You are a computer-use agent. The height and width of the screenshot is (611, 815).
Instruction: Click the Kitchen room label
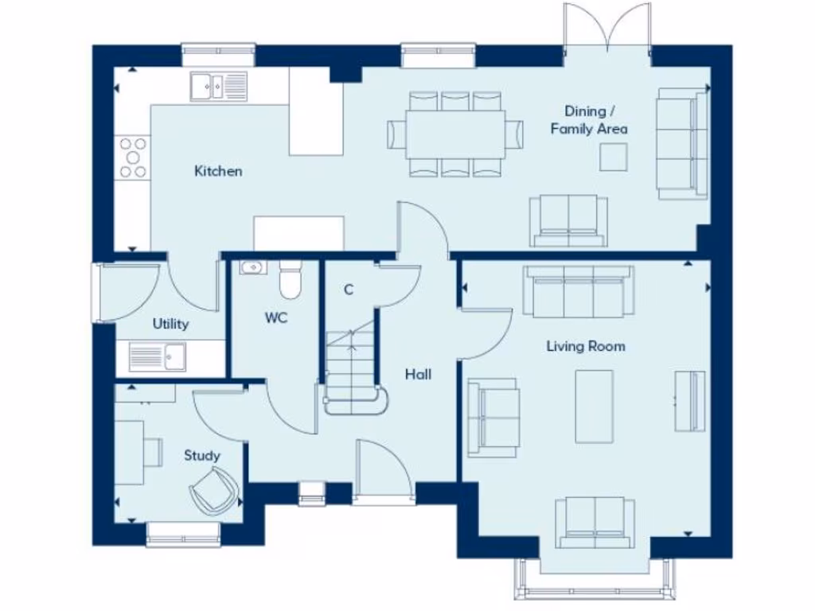(218, 171)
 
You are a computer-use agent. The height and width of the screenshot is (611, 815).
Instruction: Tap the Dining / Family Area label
(589, 120)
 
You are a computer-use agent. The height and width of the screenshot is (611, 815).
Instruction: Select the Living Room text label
(585, 346)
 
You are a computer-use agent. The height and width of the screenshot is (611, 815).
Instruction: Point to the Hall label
(418, 374)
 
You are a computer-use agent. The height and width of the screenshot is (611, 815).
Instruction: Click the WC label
(276, 318)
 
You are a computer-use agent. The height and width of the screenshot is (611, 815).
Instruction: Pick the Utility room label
(170, 324)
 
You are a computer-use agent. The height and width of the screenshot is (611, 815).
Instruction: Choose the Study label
(202, 455)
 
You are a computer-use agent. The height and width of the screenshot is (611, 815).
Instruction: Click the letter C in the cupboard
(348, 290)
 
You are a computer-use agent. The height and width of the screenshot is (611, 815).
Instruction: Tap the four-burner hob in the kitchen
(133, 158)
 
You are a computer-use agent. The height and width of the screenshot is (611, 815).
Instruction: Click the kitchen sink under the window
(219, 86)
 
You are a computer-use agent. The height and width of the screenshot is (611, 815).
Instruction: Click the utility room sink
(158, 357)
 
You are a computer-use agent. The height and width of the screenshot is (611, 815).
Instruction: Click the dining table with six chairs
(456, 134)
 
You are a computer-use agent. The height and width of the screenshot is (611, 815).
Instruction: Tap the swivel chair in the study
(213, 489)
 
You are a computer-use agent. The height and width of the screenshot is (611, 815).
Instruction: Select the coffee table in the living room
(595, 406)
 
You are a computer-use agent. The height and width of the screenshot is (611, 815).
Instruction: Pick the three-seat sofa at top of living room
(579, 291)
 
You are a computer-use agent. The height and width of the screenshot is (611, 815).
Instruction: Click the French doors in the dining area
(607, 28)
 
